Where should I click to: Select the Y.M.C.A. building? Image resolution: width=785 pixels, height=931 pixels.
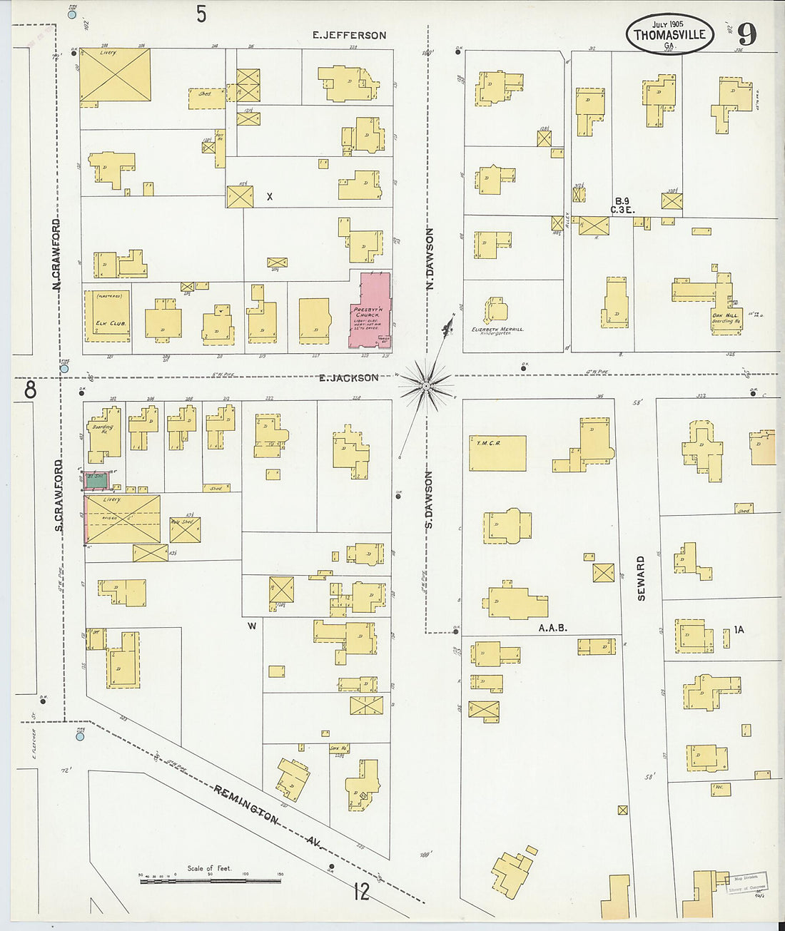pos(497,453)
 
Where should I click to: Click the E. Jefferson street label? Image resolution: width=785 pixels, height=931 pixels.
pos(350,35)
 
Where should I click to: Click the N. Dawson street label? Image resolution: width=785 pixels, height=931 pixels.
pos(430,258)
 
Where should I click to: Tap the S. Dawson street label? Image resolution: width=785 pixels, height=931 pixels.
pos(430,499)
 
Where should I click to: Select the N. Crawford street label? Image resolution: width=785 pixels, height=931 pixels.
pos(56,254)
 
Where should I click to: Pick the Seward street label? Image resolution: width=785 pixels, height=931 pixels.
pos(641,578)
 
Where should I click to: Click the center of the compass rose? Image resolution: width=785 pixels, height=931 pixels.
pos(426,386)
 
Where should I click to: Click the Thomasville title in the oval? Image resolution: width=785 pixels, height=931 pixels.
pos(669,34)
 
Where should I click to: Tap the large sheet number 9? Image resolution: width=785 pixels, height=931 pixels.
pos(746,34)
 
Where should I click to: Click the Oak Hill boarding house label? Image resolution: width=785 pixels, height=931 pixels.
pos(726,317)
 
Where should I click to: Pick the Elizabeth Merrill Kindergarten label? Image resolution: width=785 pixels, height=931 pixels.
pos(497,330)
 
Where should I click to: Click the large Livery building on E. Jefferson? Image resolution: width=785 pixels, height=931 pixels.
pos(115,75)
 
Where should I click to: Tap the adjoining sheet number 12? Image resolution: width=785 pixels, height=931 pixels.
pos(362,891)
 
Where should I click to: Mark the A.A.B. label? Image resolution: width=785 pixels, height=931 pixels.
pos(552,629)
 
